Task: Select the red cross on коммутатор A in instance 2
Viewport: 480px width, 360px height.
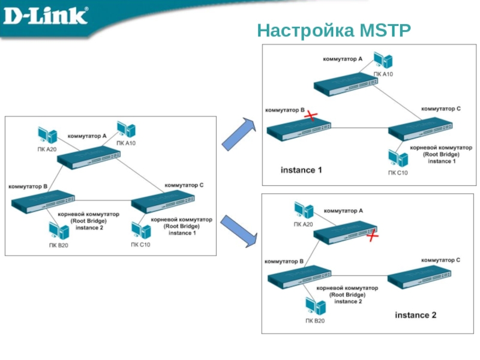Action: (373, 236)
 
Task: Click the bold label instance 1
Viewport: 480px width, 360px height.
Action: (302, 170)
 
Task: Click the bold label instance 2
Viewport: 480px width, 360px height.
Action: (415, 315)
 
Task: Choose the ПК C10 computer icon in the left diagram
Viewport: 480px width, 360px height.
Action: (140, 231)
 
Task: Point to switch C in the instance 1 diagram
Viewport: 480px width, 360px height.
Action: (421, 130)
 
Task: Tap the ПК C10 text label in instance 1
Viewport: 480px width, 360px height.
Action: (398, 173)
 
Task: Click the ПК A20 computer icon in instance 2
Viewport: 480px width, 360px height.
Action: (304, 211)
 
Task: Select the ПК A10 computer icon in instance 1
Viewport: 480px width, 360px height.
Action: (382, 60)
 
